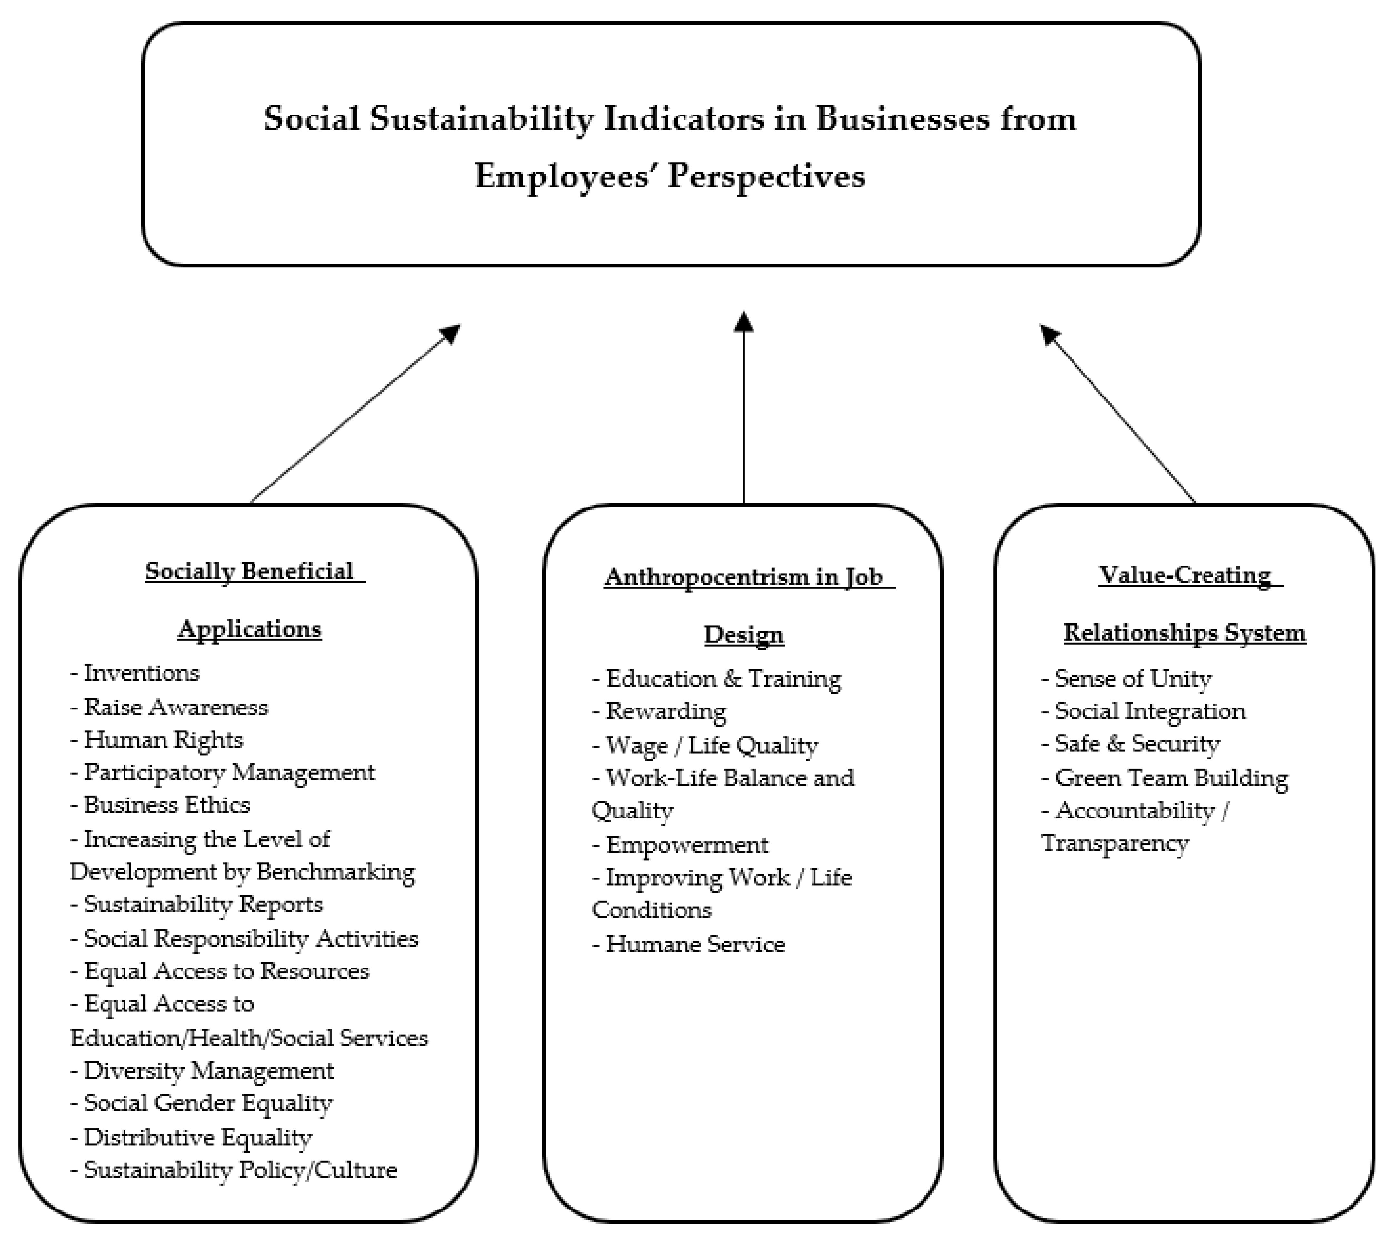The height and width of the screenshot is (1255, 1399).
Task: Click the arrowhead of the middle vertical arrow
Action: [743, 322]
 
